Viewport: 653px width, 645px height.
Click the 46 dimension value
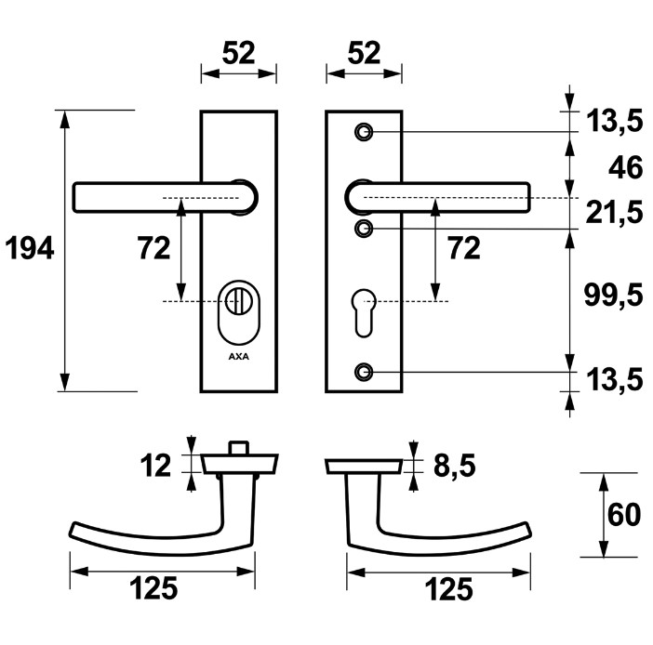click(624, 168)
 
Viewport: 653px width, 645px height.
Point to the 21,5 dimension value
click(615, 213)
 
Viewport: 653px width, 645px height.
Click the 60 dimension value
click(623, 515)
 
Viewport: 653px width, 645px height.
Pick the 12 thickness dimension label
click(158, 464)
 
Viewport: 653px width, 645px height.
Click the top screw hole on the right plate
click(364, 131)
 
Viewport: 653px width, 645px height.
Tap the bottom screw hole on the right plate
click(364, 373)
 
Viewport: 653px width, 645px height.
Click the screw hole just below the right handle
click(364, 229)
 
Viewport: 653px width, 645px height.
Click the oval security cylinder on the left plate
click(239, 311)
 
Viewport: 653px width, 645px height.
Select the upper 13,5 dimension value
click(615, 120)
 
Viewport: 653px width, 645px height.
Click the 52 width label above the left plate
click(239, 54)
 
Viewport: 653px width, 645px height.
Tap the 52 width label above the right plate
click(364, 54)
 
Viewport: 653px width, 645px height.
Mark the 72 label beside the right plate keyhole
click(464, 248)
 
